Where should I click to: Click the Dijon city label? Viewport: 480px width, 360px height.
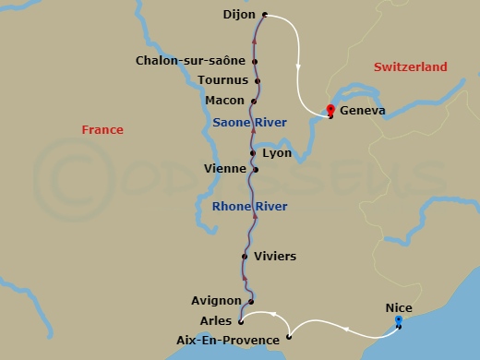[240, 15]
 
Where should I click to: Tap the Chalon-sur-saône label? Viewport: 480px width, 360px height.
[190, 61]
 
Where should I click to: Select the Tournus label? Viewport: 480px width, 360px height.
[223, 80]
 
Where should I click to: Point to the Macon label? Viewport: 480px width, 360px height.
[226, 100]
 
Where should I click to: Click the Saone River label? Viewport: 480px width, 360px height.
[249, 122]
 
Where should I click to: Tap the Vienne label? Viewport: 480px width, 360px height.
[225, 169]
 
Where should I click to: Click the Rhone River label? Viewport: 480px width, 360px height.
[249, 206]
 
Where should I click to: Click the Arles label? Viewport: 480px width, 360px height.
[216, 320]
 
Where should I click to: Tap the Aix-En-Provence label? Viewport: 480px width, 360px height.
[227, 340]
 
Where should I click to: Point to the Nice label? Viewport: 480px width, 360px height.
[399, 308]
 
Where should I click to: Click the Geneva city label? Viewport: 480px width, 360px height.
[363, 112]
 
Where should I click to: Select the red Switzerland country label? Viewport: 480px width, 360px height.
[411, 66]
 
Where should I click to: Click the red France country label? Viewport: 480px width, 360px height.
[102, 130]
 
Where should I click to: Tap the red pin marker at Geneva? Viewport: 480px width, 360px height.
[330, 110]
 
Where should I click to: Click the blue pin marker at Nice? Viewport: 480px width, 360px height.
[399, 321]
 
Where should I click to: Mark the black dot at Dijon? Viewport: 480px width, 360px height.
[265, 15]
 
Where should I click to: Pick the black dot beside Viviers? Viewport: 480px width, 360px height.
[245, 256]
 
